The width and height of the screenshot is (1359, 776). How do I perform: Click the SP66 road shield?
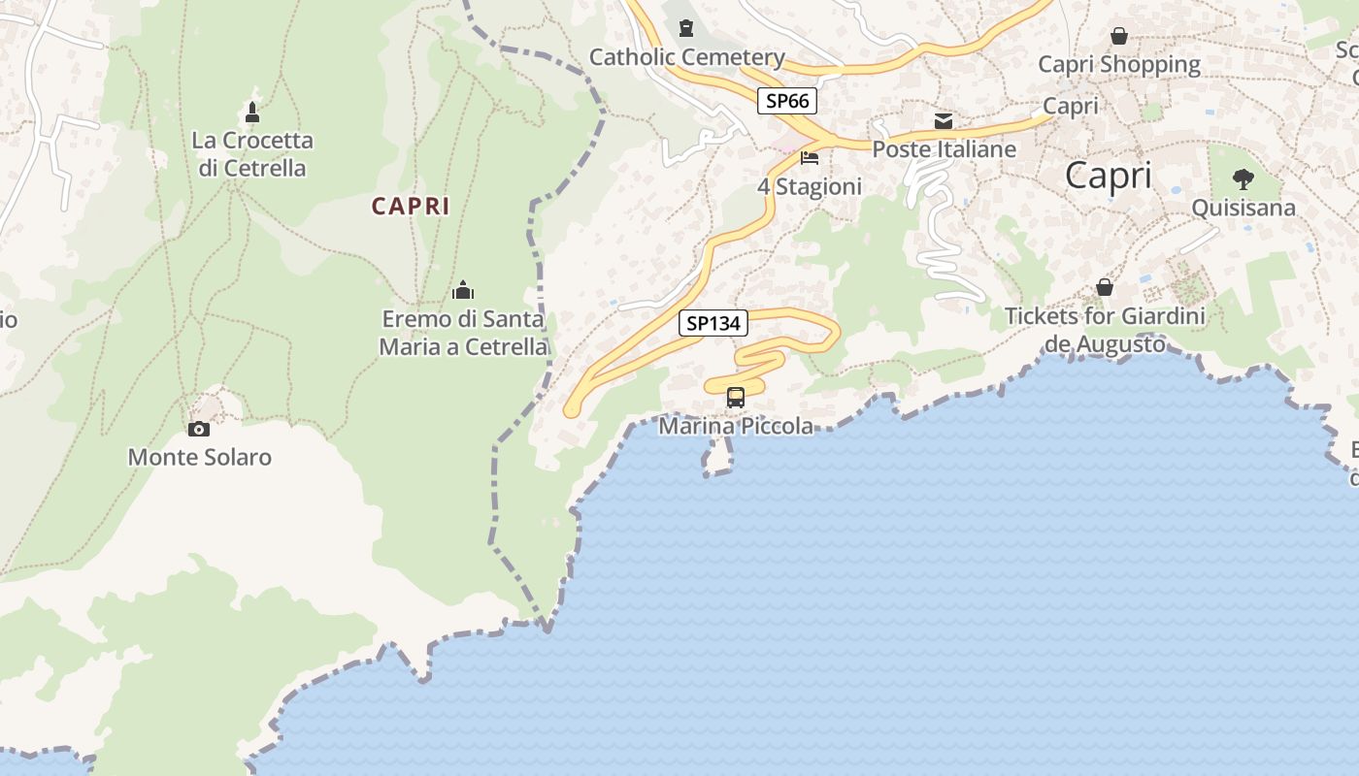click(x=787, y=100)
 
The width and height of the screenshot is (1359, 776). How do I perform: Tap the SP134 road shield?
click(x=713, y=323)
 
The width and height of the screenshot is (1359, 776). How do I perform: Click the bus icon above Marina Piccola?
click(x=736, y=397)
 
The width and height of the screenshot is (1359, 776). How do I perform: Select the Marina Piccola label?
click(x=736, y=426)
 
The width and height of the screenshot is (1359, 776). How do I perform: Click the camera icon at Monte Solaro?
click(x=199, y=429)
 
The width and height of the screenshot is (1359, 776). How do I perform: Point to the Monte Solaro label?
click(x=200, y=457)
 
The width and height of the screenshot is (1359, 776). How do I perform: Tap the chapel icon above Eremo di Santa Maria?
click(x=463, y=290)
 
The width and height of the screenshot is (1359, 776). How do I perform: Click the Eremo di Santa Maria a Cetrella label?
click(x=463, y=333)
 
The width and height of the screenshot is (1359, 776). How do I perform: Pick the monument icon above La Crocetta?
click(x=252, y=113)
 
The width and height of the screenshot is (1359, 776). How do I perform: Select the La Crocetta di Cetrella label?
click(x=252, y=154)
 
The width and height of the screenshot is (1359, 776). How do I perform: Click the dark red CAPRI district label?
click(x=411, y=206)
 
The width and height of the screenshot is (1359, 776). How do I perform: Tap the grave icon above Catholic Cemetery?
click(x=687, y=28)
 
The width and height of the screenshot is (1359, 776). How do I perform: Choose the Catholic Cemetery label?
click(x=687, y=57)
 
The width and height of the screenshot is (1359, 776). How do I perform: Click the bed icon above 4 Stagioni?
click(x=810, y=157)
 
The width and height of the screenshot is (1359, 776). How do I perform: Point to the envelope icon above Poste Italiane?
click(x=944, y=121)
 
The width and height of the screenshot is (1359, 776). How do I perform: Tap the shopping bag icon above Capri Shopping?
click(x=1119, y=36)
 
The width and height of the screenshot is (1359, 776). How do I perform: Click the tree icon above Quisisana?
click(x=1243, y=179)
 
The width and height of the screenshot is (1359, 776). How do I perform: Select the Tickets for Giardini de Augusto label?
click(x=1105, y=330)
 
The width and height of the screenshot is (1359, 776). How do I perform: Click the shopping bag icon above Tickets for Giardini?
click(x=1105, y=287)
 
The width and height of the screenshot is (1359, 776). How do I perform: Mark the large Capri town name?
click(x=1109, y=176)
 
